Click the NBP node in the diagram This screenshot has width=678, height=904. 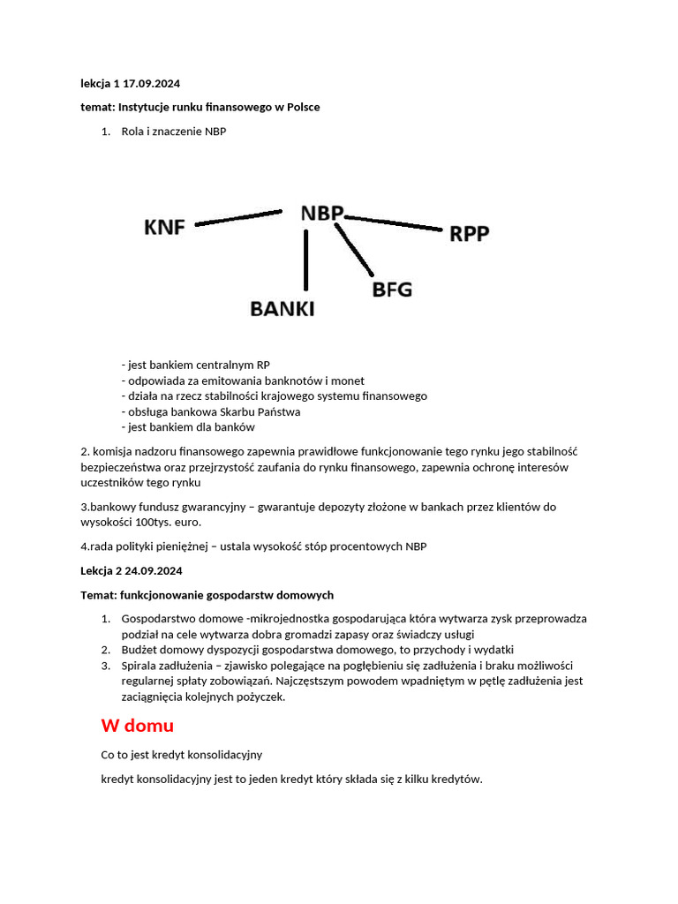pos(321,214)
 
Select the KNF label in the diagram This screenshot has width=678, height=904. pos(165,228)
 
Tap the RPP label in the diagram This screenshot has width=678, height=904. pos(469,234)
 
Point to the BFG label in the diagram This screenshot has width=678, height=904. pos(391,289)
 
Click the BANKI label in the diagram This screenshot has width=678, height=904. pos(282,309)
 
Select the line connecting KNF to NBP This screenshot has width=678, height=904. pos(238,218)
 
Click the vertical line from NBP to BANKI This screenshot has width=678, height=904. pos(305,260)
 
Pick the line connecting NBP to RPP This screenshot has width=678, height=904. pos(393,222)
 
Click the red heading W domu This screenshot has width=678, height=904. pos(137,726)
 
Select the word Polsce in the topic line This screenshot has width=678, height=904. pos(302,107)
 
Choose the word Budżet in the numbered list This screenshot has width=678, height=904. pos(139,650)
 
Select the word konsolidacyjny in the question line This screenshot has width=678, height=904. pos(222,756)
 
